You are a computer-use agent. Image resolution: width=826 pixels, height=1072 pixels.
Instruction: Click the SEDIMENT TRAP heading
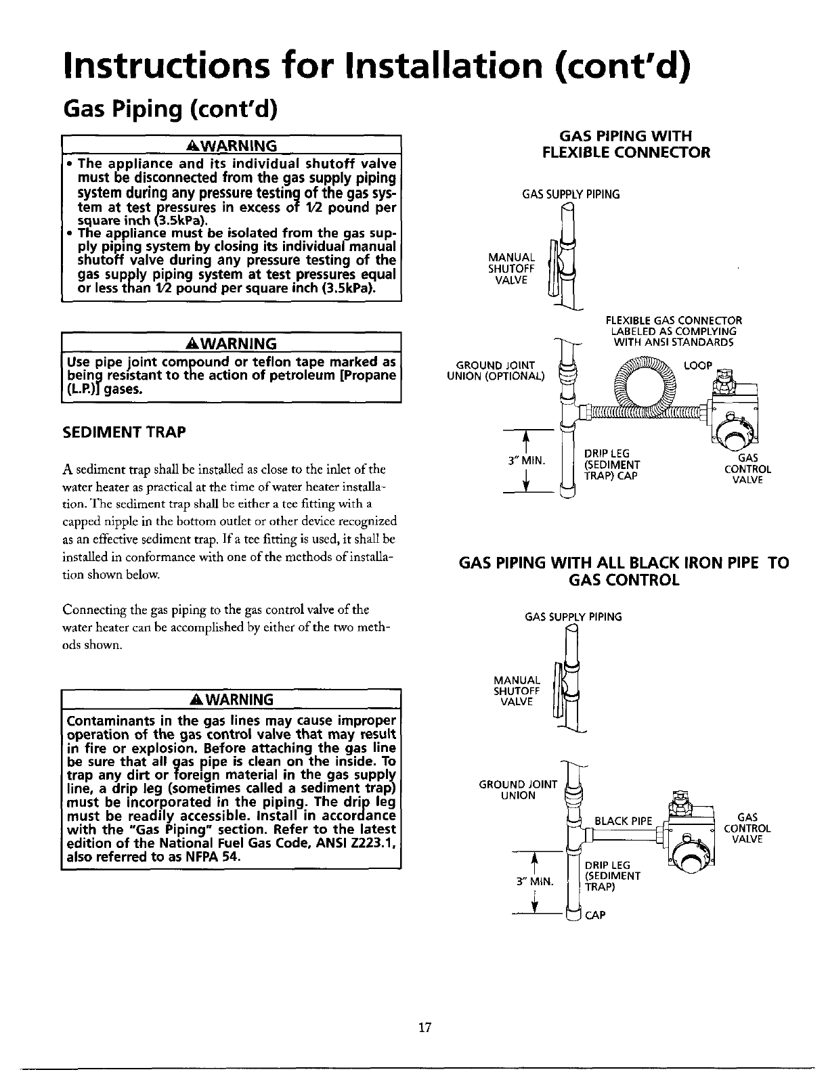(x=125, y=431)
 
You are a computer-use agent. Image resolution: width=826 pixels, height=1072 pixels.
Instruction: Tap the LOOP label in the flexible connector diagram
(x=698, y=365)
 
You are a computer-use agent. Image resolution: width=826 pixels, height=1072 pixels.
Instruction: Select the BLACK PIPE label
(x=623, y=822)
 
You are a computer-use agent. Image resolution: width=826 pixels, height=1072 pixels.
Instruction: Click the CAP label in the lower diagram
(x=595, y=916)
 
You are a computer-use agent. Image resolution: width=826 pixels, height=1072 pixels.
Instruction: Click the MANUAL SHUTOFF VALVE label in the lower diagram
(x=517, y=690)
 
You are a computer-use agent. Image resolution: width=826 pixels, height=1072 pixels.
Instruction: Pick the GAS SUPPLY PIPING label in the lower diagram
(x=573, y=617)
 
